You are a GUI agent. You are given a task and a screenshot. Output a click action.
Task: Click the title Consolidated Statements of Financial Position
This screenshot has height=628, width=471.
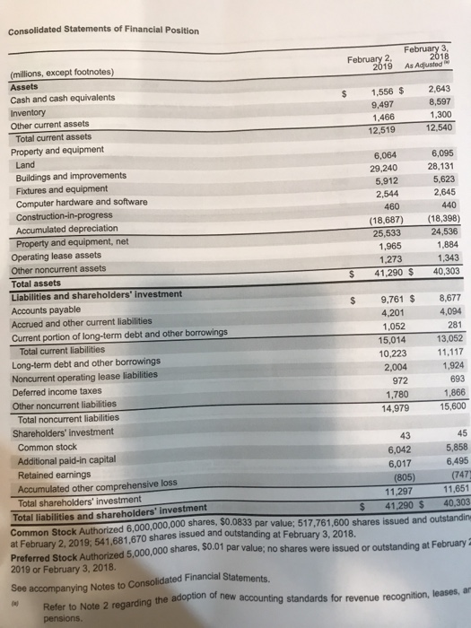[103, 31]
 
